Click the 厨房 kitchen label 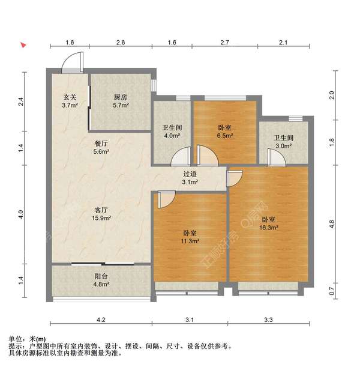(121, 97)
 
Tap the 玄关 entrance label (70, 97)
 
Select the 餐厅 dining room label (101, 143)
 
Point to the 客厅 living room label (101, 210)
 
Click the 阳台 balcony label (101, 276)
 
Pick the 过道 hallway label (190, 174)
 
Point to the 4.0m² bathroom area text (172, 136)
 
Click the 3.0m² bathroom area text (284, 145)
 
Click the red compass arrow (23, 44)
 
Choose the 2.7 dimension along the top (225, 43)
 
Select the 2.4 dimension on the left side (21, 102)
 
